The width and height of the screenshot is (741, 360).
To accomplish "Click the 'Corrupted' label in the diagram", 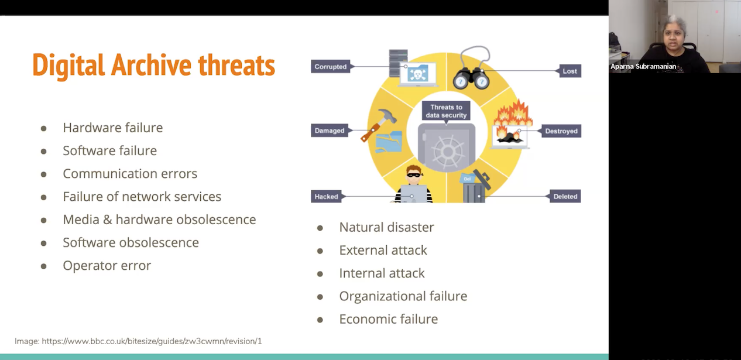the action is click(x=331, y=67).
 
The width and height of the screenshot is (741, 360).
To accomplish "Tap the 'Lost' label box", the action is click(x=570, y=71).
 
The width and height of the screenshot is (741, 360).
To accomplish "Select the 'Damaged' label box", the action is click(x=330, y=131).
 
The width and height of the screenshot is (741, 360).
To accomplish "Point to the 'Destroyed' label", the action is click(x=561, y=131).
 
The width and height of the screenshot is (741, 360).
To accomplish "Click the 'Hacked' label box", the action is click(x=326, y=197).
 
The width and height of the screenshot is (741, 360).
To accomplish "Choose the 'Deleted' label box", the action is click(x=565, y=197).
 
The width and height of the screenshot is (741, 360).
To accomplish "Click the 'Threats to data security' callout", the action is click(x=446, y=111).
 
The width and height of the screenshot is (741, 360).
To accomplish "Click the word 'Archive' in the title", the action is click(x=151, y=65).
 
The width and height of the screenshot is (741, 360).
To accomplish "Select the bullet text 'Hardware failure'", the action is click(x=113, y=128).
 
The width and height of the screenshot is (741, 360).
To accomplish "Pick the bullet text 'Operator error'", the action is click(x=107, y=266).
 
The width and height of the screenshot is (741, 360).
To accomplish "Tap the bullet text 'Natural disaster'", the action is click(x=387, y=227).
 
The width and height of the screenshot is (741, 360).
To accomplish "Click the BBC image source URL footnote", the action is click(x=138, y=341).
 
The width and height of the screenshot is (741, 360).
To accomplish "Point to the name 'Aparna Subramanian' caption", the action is click(x=643, y=67).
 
